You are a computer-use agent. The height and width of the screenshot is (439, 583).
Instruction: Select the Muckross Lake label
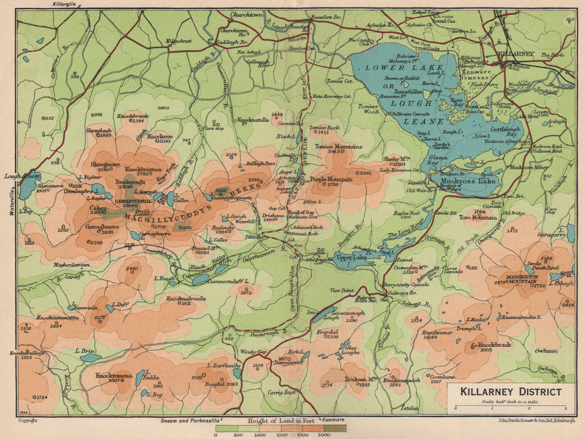468,181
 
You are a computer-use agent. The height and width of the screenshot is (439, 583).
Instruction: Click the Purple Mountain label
331,179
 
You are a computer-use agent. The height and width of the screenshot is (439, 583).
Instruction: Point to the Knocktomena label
113,375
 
